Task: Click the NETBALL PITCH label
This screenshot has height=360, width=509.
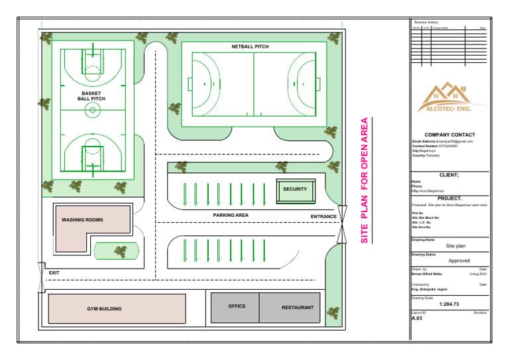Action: [251, 47]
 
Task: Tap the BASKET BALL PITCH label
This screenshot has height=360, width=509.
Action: [91, 96]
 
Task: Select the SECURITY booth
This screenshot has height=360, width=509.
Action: [295, 190]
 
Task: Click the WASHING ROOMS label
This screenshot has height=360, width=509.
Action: [82, 219]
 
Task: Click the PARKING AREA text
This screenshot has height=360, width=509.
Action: [231, 215]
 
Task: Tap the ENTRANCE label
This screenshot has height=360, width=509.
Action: [323, 217]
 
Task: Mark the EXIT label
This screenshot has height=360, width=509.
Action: [54, 273]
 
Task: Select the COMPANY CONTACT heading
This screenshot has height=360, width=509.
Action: [449, 135]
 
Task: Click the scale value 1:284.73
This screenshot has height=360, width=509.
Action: [449, 304]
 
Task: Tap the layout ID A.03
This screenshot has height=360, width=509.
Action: [417, 318]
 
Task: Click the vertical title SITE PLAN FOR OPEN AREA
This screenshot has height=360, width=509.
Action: [364, 180]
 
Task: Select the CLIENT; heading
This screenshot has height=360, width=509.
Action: [449, 175]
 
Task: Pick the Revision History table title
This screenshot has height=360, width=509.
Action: [425, 23]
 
